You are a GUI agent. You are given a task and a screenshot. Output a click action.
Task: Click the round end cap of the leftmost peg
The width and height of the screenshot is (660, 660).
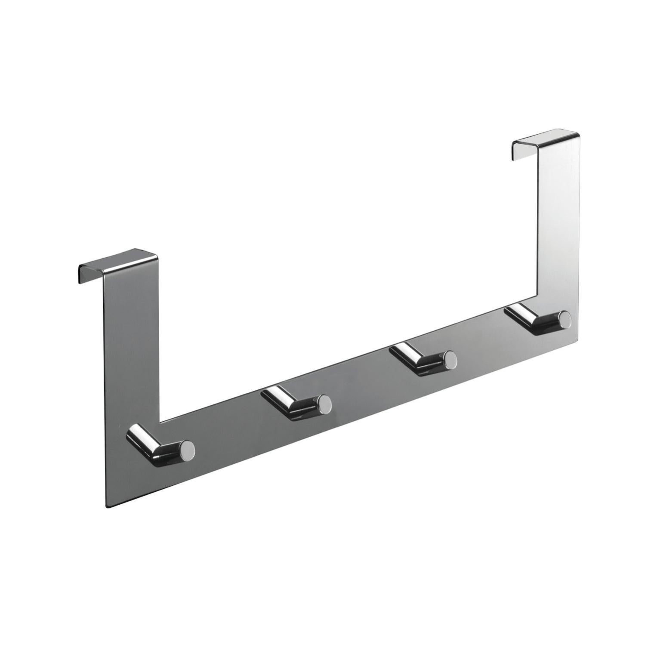point(188,449)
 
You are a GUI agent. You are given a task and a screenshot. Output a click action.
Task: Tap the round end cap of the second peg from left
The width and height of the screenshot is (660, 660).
point(325,403)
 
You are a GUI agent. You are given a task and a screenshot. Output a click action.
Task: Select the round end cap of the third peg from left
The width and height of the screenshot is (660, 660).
point(450,358)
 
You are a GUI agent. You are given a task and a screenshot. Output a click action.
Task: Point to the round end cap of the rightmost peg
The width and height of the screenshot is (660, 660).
point(565,319)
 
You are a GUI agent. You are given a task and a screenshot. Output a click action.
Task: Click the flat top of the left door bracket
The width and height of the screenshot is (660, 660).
point(118,262)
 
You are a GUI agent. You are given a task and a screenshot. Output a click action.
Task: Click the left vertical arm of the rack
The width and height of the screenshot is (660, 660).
point(131,344)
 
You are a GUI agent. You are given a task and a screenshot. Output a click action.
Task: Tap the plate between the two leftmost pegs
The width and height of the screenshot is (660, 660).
point(232,435)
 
